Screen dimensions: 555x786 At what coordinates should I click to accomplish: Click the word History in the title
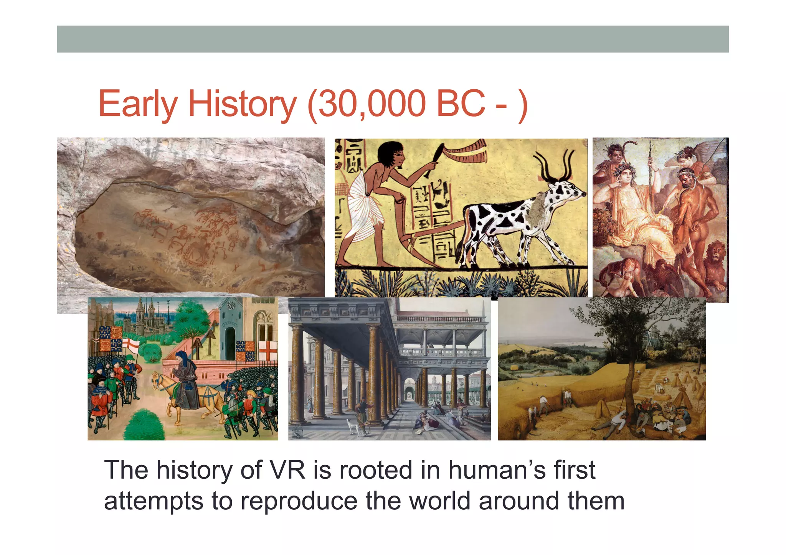pyautogui.click(x=242, y=104)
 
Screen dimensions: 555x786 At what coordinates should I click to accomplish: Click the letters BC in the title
pyautogui.click(x=461, y=104)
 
